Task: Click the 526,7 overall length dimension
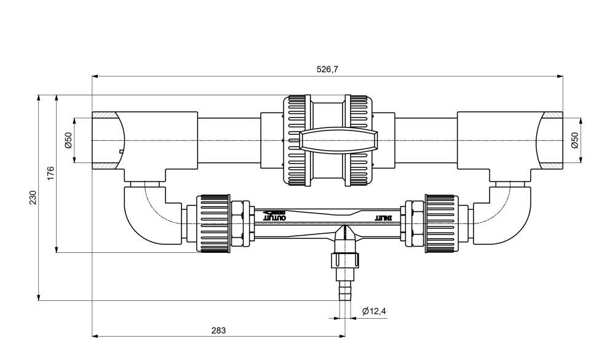coord(327,70)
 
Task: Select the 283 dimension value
coord(218,330)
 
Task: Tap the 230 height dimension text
coord(33,198)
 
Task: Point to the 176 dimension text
coord(50,173)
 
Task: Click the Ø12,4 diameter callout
coord(374,311)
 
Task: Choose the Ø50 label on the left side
coord(69,140)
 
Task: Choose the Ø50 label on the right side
coord(574,140)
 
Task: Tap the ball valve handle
coord(338,140)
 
